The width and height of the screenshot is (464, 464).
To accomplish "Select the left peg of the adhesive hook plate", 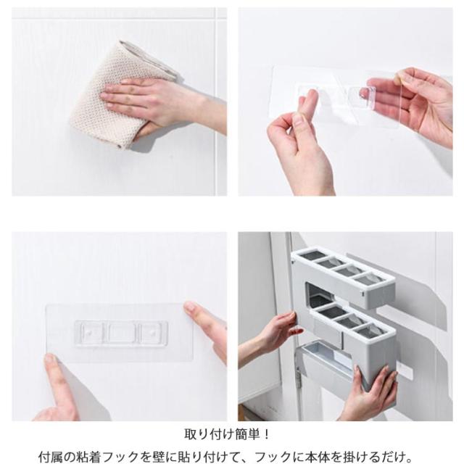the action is (88, 333).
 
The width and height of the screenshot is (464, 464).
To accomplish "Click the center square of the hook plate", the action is (121, 333).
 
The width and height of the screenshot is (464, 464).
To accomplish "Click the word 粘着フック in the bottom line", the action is (112, 456).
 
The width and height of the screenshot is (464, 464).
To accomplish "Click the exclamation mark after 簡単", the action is (266, 434).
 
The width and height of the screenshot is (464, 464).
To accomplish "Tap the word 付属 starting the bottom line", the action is (51, 456).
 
